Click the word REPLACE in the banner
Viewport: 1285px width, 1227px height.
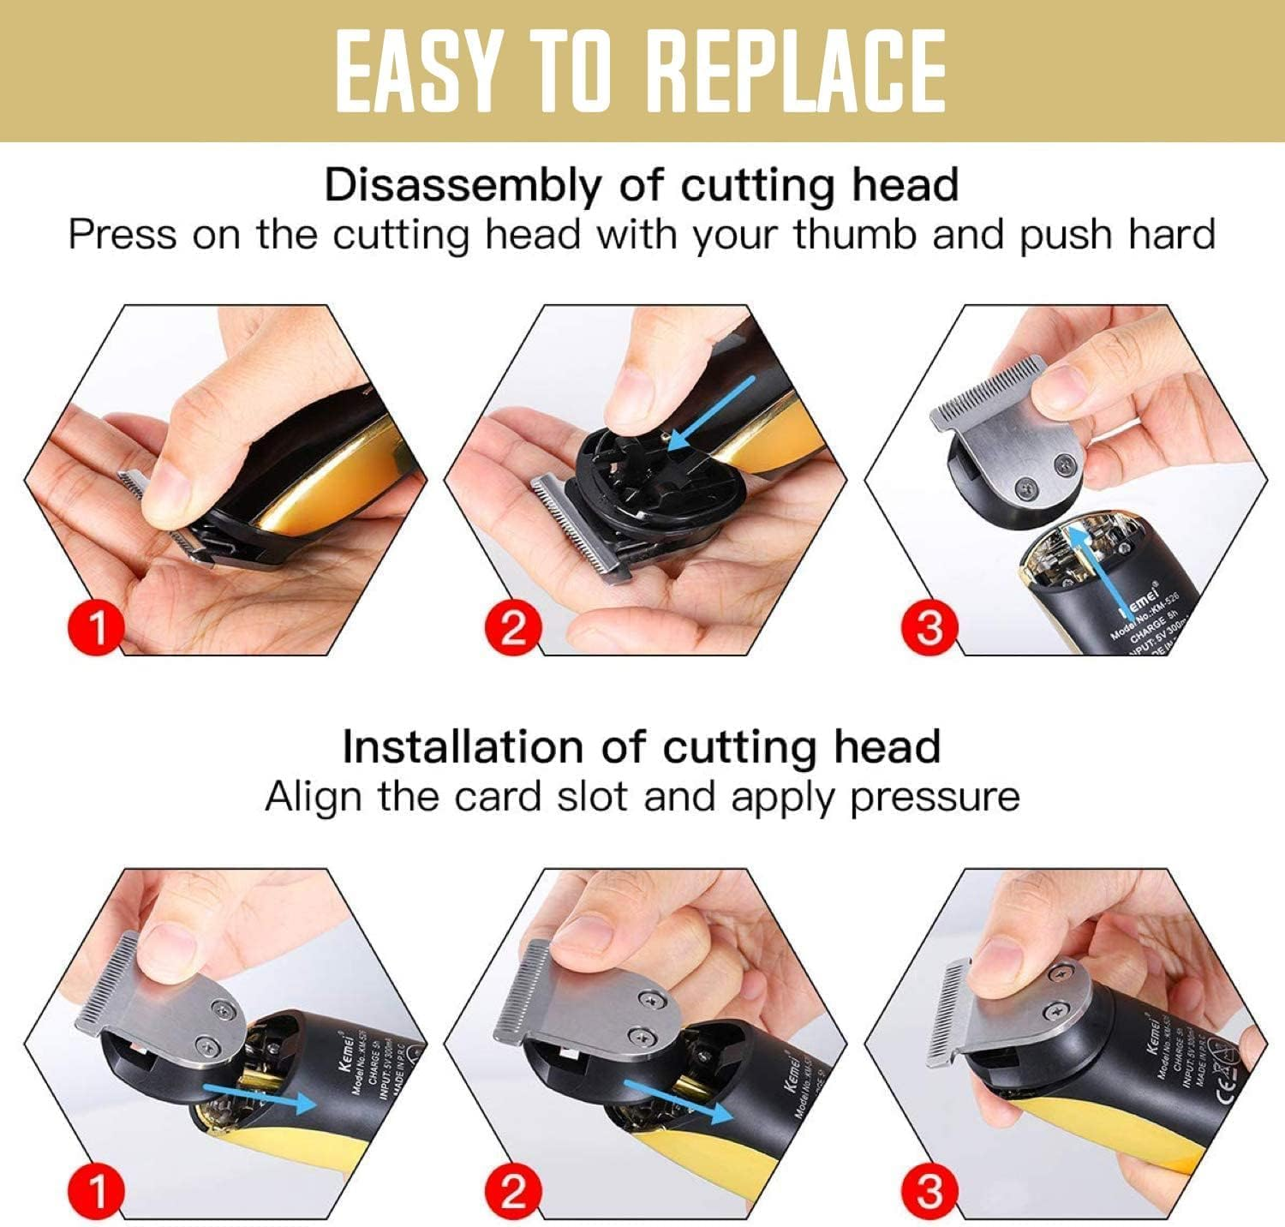click(x=796, y=71)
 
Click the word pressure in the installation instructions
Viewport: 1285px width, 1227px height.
click(x=935, y=796)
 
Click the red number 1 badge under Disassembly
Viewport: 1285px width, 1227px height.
click(x=97, y=627)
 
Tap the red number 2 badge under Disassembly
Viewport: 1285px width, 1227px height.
click(x=512, y=627)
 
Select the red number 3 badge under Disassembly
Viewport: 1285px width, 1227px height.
click(x=929, y=627)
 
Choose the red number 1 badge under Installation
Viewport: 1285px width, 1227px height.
click(x=97, y=1191)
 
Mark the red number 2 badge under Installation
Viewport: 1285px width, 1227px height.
click(x=512, y=1191)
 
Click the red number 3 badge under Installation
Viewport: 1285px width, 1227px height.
click(x=929, y=1191)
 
